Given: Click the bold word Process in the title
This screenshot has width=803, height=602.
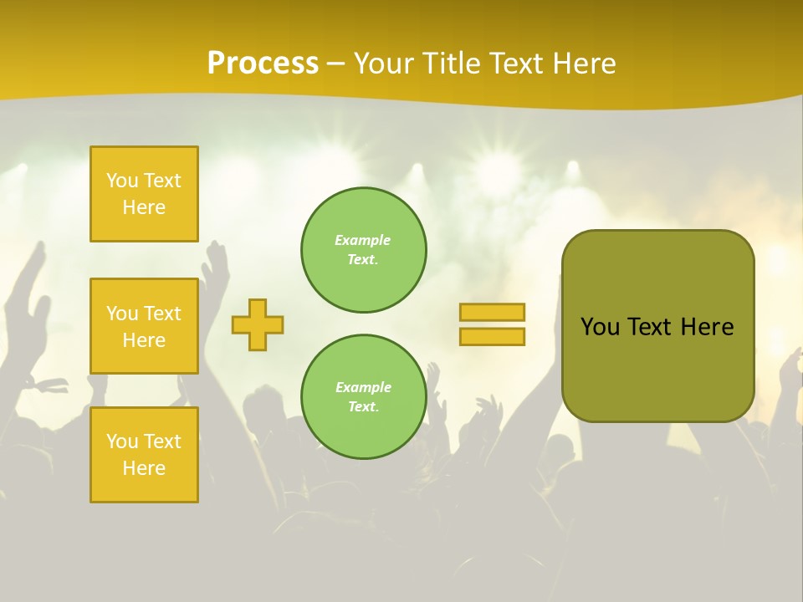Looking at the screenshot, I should tap(263, 64).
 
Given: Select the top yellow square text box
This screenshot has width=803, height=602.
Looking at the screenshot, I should tap(144, 194).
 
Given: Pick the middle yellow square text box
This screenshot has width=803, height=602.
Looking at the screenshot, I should tap(144, 326).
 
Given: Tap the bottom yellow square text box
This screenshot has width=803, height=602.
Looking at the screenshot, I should tap(144, 455).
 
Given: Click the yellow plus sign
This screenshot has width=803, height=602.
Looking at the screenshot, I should tap(258, 324).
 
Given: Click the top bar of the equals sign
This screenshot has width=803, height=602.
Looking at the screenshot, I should tap(492, 312).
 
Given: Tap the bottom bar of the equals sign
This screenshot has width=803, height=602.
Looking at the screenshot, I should tap(492, 337).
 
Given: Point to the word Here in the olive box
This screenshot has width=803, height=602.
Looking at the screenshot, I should tap(707, 327).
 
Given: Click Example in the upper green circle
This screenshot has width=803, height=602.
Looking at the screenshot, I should tap(363, 240).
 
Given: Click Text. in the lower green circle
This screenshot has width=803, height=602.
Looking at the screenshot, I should tap(363, 407).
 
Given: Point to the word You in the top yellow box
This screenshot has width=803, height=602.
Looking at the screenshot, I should tap(122, 181).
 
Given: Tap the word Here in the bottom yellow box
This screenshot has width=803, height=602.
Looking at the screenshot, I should tap(144, 468).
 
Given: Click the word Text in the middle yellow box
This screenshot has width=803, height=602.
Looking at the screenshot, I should tap(162, 314).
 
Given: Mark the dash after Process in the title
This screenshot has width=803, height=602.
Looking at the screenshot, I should tap(336, 64).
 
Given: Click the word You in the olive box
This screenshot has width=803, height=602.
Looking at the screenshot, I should tap(600, 327).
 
